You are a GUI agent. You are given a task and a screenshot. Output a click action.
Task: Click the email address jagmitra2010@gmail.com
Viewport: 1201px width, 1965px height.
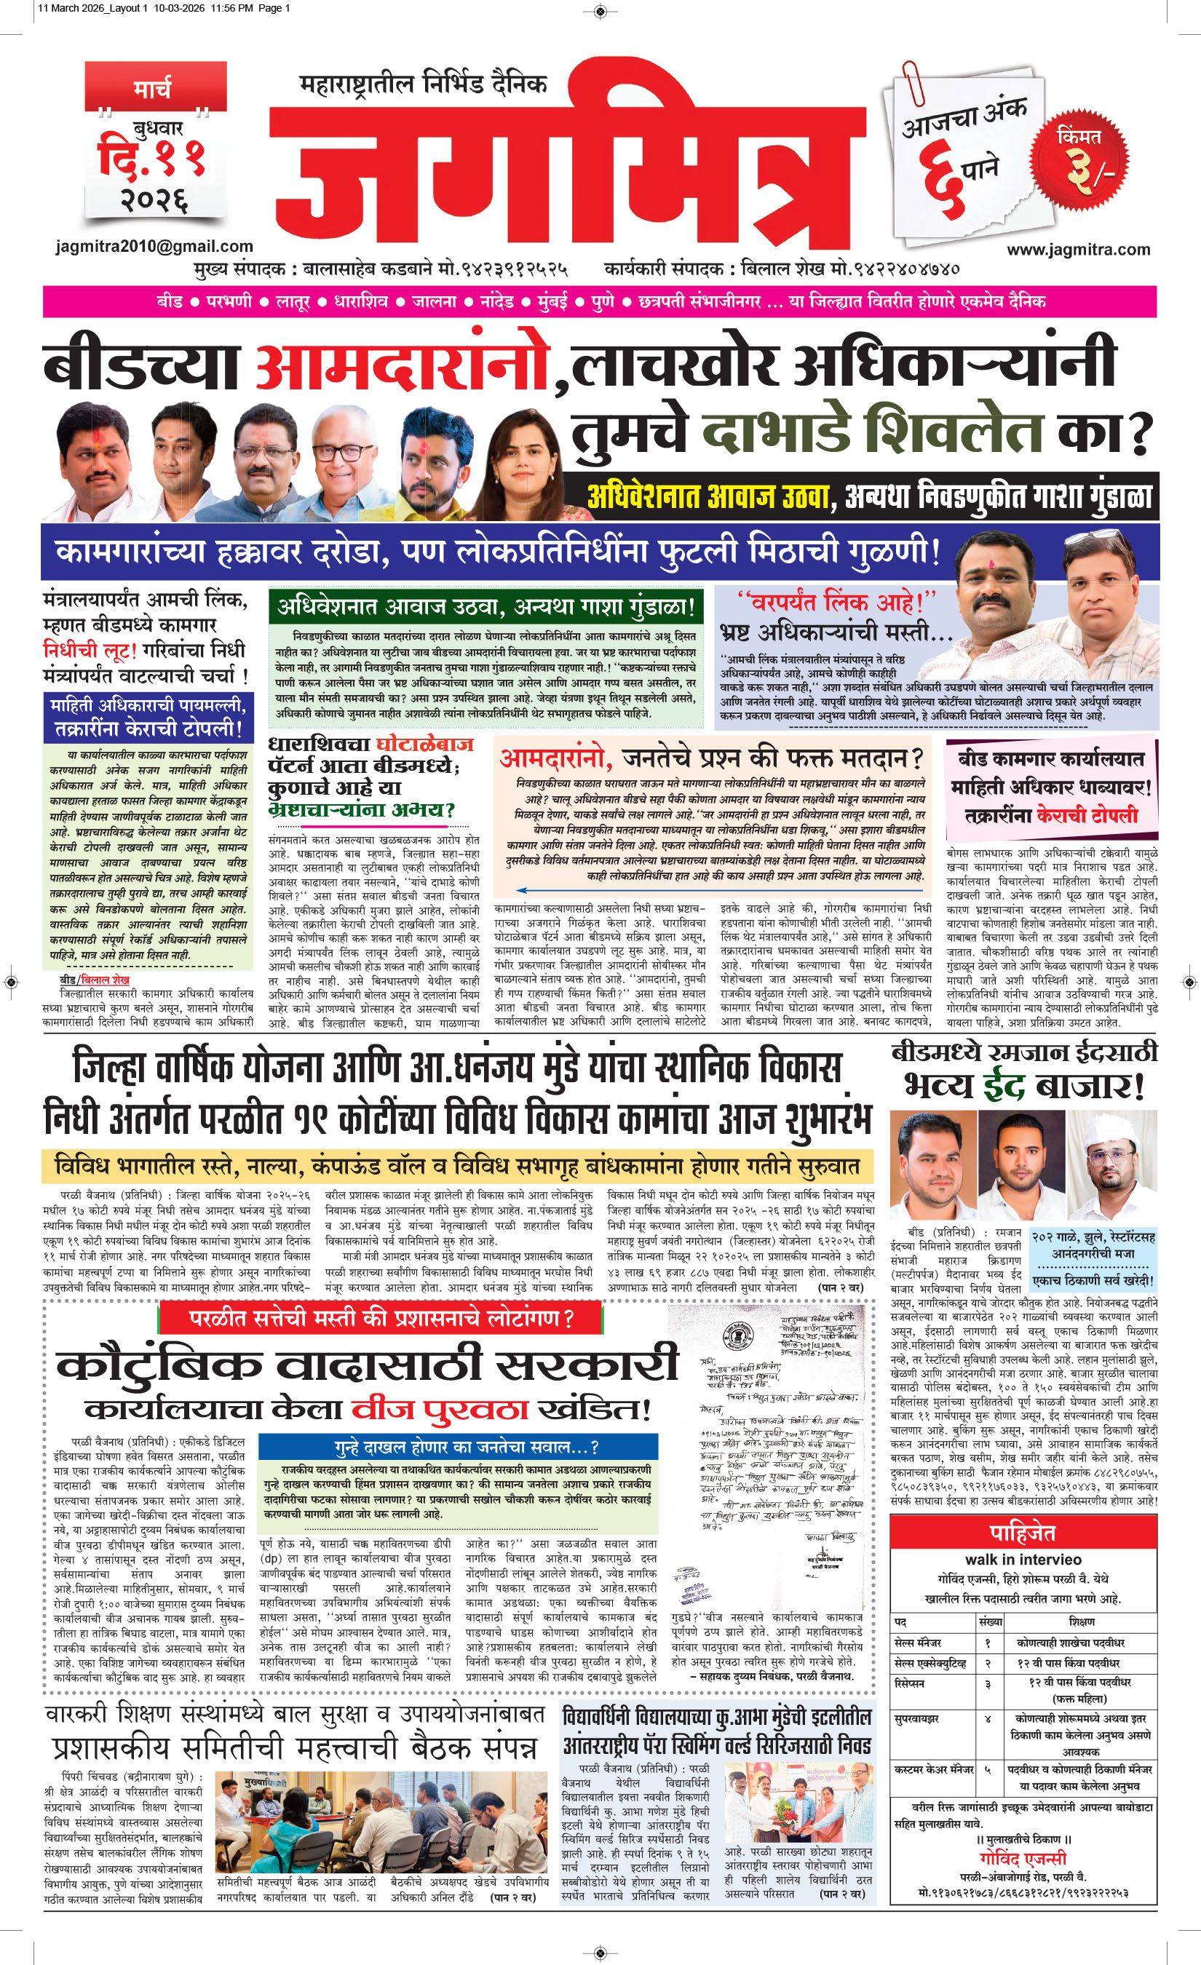click(155, 247)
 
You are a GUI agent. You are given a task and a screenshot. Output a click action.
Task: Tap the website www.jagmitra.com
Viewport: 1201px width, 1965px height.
click(1078, 250)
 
